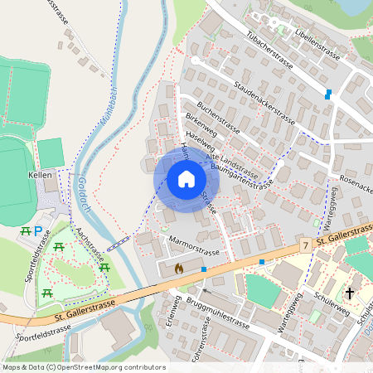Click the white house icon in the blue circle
(186, 179)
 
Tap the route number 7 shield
(305, 245)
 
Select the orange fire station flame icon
(179, 269)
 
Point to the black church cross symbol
(350, 293)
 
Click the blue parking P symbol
(38, 230)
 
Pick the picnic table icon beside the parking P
(25, 230)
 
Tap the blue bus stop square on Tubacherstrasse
(329, 94)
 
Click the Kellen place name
(40, 175)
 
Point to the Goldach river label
(82, 199)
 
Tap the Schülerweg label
(322, 300)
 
